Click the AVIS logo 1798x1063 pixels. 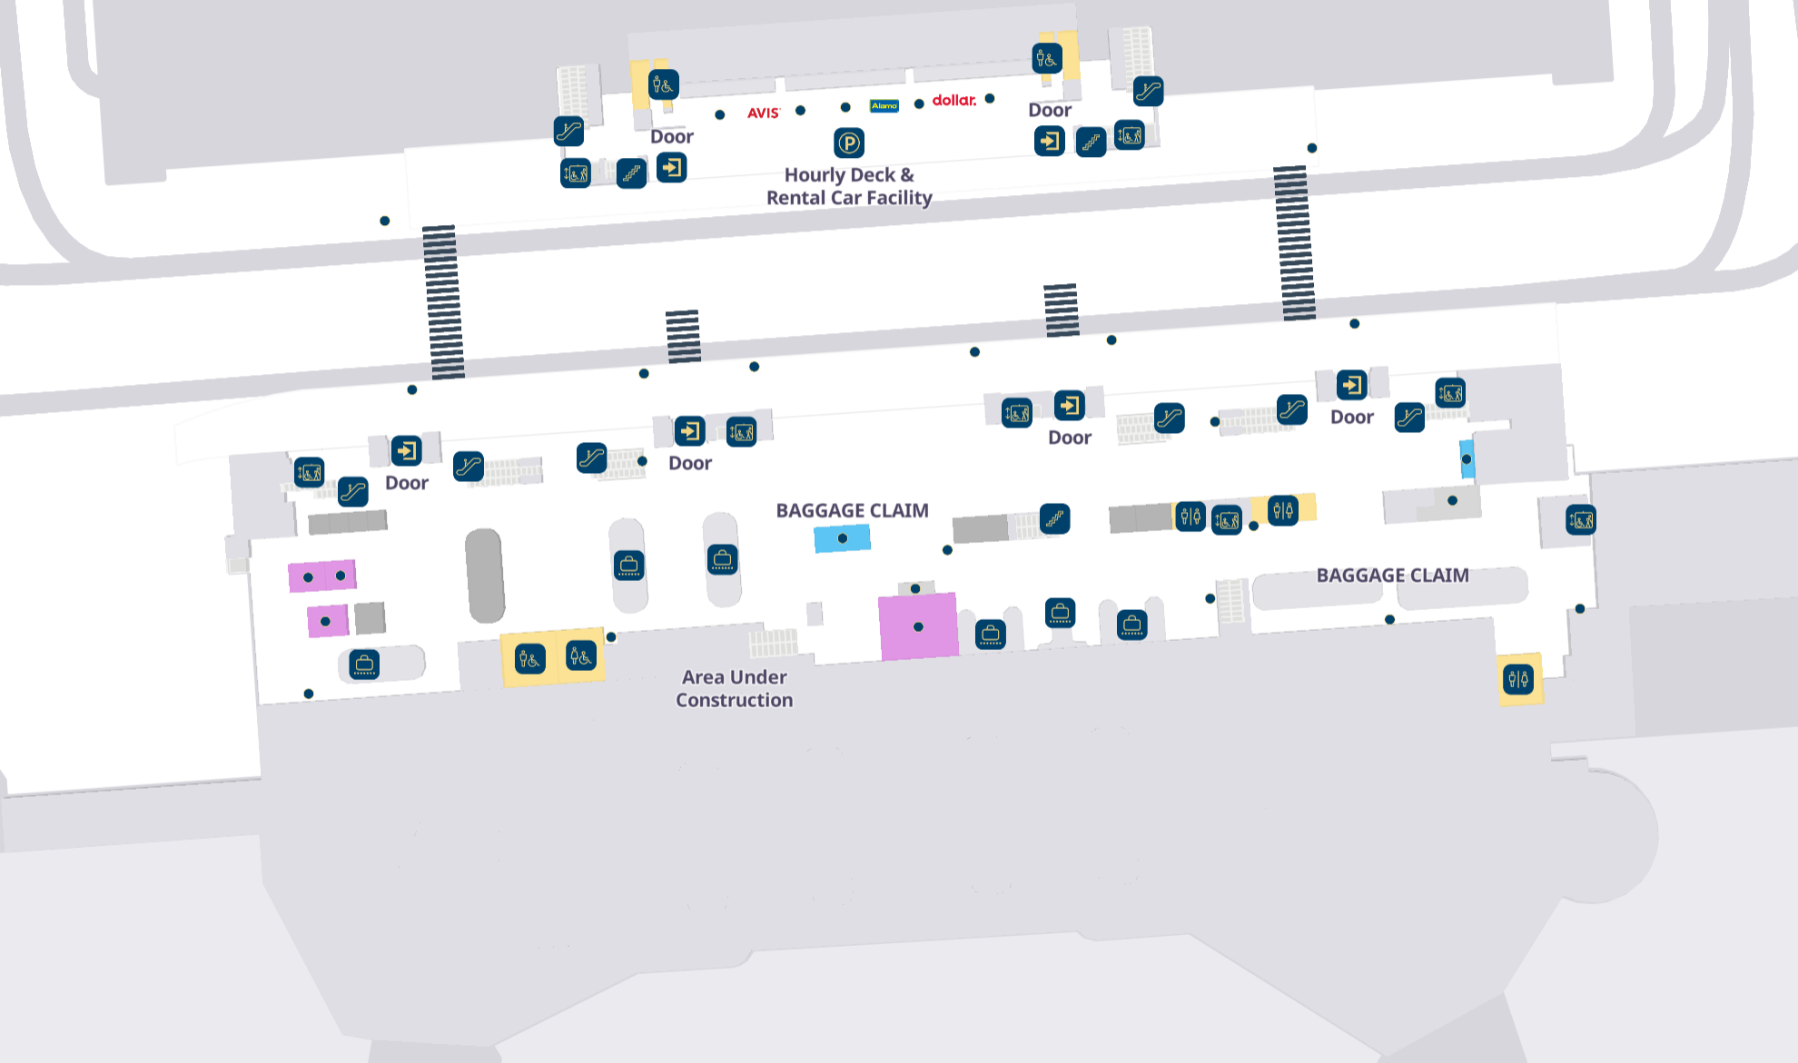click(763, 113)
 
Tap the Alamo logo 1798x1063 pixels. click(884, 106)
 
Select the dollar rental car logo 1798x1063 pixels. click(954, 100)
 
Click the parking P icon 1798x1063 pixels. click(848, 143)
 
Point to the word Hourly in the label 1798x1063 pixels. click(815, 175)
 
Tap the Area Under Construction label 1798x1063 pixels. click(735, 688)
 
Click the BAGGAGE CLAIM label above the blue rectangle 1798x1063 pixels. click(852, 510)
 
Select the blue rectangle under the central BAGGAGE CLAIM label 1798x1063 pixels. click(843, 538)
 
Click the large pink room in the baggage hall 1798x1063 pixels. click(918, 626)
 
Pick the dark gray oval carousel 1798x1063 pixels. click(485, 576)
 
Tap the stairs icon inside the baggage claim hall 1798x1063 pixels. click(1054, 519)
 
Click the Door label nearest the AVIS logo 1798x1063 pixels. click(672, 137)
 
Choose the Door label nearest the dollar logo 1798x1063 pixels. click(1050, 110)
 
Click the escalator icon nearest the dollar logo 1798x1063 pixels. click(1148, 91)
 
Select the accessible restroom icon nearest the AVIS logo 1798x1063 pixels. click(664, 84)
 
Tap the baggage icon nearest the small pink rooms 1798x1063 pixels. click(364, 664)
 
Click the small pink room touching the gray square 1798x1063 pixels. click(328, 621)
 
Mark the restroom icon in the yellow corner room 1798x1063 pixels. click(1518, 678)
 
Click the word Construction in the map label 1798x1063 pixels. click(735, 700)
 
